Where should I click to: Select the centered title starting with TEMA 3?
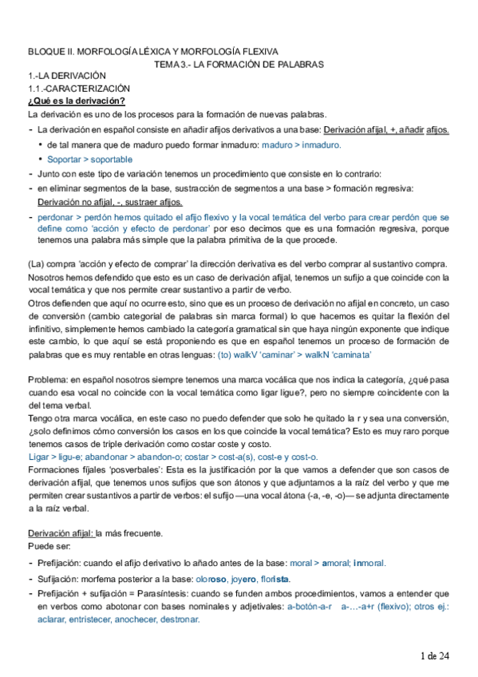(x=239, y=64)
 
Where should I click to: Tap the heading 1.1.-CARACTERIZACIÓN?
(x=78, y=88)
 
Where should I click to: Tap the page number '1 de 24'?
(x=436, y=655)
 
